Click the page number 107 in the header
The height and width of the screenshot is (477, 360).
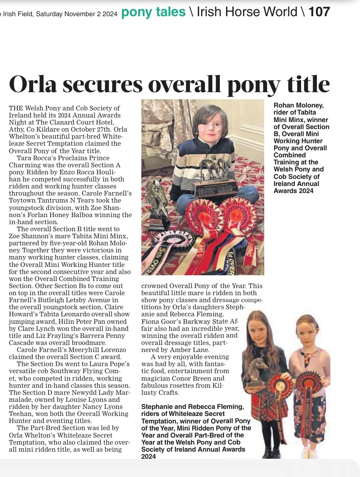click(319, 12)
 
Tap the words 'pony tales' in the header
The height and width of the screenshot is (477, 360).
click(153, 12)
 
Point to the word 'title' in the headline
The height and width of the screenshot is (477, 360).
click(307, 84)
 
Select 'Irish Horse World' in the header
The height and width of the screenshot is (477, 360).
click(247, 12)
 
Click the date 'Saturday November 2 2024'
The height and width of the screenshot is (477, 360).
click(76, 14)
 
